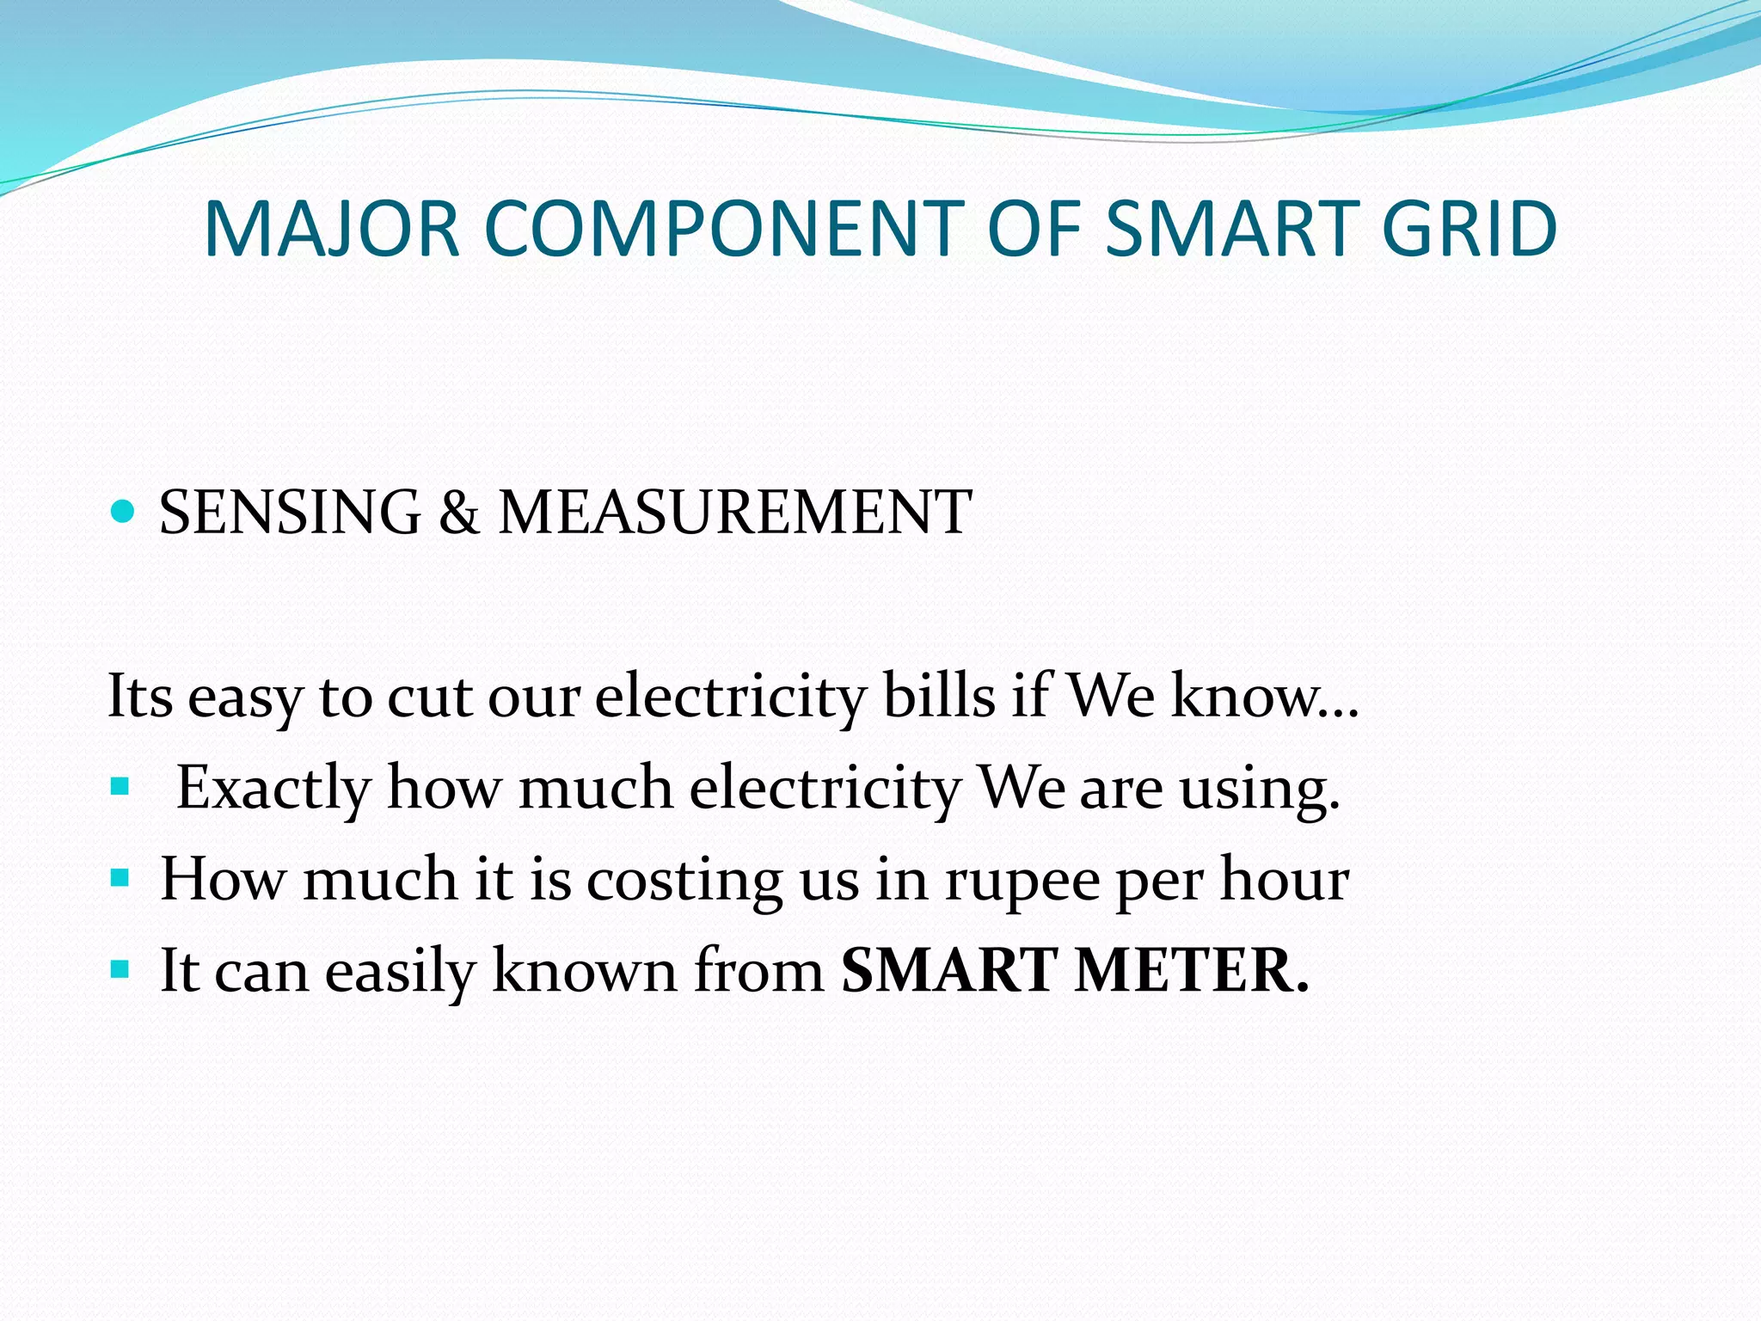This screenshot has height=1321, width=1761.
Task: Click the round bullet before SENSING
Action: (124, 513)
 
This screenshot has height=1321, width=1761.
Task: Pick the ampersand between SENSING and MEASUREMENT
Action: (458, 513)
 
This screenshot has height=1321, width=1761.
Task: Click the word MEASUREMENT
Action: (735, 513)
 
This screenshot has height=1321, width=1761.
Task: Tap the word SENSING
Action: (290, 513)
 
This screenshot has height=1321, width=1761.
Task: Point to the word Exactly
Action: (273, 788)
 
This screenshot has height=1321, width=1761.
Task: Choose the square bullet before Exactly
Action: (120, 786)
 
